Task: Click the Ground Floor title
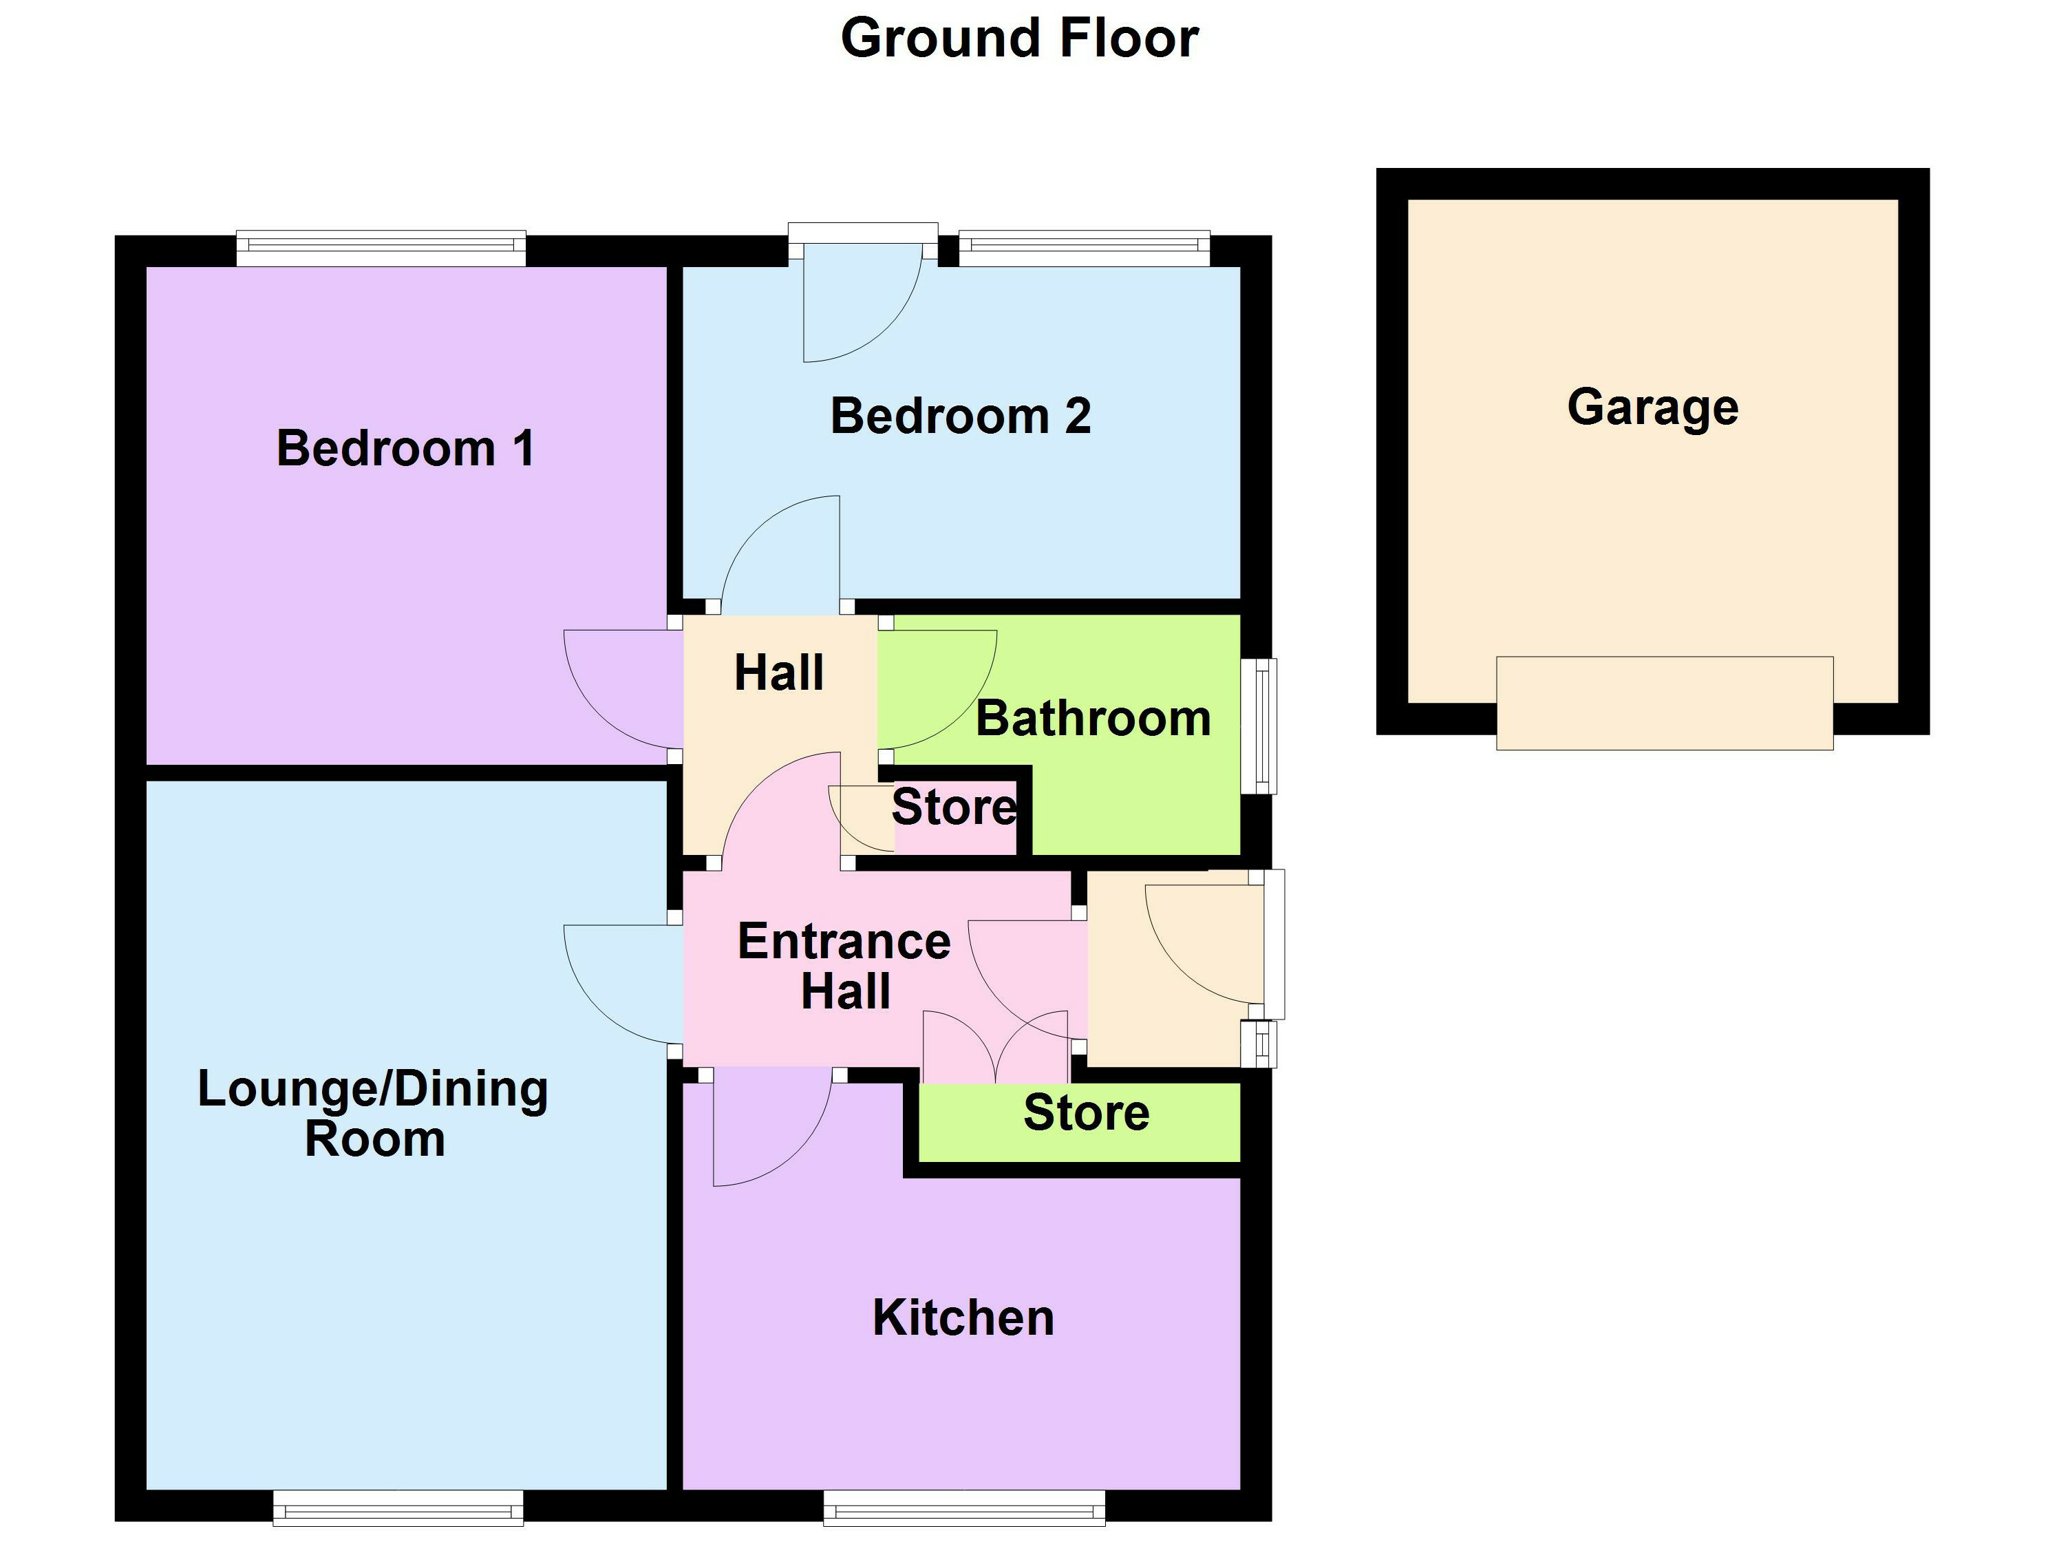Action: [1019, 39]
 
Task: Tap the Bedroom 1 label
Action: [405, 448]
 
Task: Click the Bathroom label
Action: [1093, 719]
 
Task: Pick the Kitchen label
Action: [963, 1318]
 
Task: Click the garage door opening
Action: [1664, 703]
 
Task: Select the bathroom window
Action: [1264, 726]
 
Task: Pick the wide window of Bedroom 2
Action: [1084, 247]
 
